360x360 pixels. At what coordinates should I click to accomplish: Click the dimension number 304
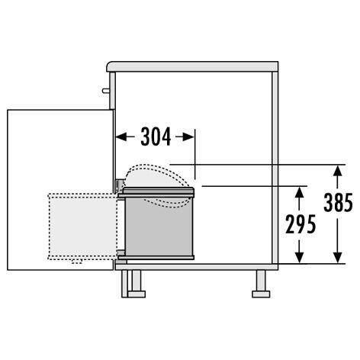[156, 137]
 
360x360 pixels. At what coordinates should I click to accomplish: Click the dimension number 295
[301, 224]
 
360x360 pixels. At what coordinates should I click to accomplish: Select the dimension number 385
[338, 202]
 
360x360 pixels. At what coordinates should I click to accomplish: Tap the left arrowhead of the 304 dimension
[121, 137]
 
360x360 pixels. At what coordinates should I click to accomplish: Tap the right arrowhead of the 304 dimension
[188, 137]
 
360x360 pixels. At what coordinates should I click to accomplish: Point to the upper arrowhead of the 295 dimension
[300, 192]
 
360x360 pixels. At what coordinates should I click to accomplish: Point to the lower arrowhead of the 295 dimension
[300, 257]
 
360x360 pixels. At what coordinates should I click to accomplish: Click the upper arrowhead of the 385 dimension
[337, 171]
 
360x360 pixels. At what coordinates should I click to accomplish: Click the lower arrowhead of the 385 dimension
[337, 257]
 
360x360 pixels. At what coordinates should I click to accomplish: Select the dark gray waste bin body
[159, 227]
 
